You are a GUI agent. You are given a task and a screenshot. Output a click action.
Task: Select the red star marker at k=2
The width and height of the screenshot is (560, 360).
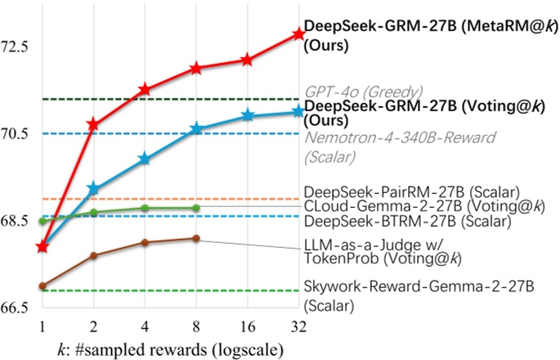pyautogui.click(x=93, y=124)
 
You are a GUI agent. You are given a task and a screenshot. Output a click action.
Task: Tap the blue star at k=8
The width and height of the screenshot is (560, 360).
pyautogui.click(x=195, y=128)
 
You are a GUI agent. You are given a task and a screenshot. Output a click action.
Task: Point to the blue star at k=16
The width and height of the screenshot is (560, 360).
pyautogui.click(x=247, y=115)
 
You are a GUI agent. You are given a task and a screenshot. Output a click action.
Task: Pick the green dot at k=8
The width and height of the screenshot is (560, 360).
pyautogui.click(x=195, y=208)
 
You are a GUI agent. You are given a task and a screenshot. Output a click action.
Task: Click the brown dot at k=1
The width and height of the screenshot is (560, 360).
pyautogui.click(x=42, y=286)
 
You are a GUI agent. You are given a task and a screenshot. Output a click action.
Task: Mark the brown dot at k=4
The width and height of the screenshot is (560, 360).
pyautogui.click(x=145, y=242)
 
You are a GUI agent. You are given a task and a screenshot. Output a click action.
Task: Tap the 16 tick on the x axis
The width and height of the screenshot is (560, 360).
pyautogui.click(x=247, y=327)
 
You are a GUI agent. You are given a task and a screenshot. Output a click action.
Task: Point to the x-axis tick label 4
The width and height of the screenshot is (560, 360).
pyautogui.click(x=145, y=327)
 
